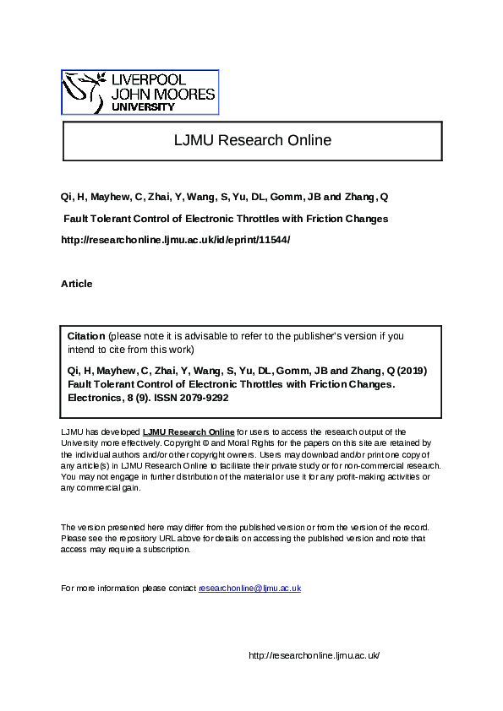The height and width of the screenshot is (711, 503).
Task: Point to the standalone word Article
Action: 77,284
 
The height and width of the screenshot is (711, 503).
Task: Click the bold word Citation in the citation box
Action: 86,336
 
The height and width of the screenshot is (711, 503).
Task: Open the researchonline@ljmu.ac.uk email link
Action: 249,588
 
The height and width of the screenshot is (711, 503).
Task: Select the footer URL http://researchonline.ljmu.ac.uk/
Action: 314,655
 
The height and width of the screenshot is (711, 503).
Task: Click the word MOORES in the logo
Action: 185,95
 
